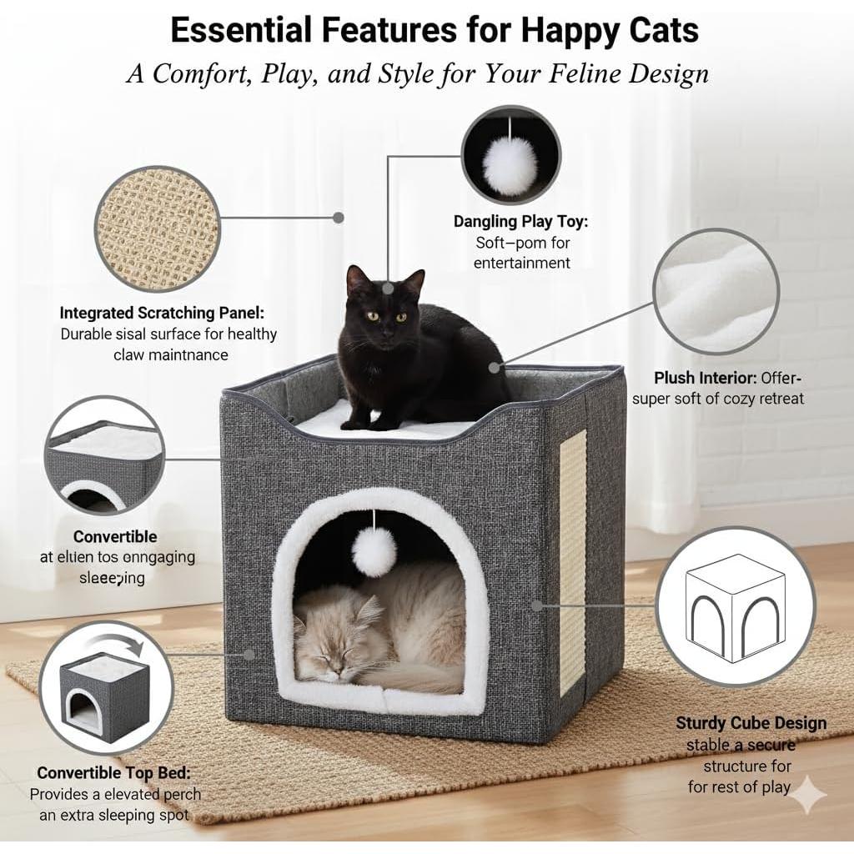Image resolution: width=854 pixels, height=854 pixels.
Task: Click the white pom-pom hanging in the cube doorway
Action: tap(374, 551)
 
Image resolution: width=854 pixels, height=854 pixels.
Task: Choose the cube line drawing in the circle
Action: tap(735, 605)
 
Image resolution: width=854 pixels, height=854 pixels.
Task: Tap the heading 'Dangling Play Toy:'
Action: tap(520, 221)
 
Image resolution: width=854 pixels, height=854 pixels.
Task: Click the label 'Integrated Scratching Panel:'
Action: tap(162, 313)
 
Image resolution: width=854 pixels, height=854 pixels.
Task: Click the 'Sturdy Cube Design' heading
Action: tap(751, 723)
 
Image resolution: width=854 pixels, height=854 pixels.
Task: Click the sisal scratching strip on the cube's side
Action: tap(573, 559)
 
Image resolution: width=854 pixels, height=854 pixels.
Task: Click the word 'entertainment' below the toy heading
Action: tap(521, 263)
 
